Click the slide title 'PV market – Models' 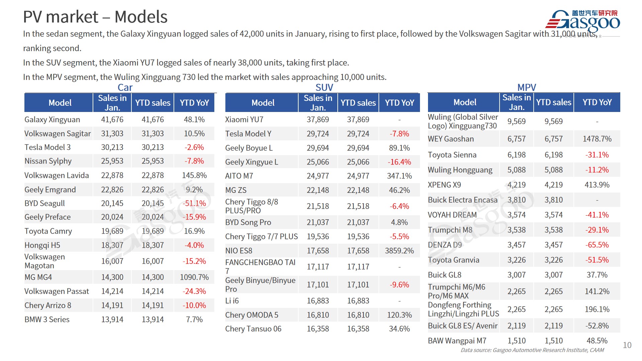(x=95, y=17)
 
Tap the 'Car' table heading (x=125, y=88)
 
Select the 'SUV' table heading (x=324, y=88)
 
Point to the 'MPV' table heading (x=526, y=88)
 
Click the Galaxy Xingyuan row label (x=52, y=120)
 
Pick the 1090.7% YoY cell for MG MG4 (x=194, y=277)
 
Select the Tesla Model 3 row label (x=47, y=147)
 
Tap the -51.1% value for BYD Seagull (x=194, y=203)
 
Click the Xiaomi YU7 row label (x=244, y=120)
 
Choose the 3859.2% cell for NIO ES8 (x=399, y=251)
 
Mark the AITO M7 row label (x=239, y=176)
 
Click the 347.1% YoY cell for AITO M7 (x=399, y=176)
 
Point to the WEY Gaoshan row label (x=451, y=139)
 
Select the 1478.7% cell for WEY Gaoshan (x=597, y=139)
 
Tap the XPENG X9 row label (x=444, y=185)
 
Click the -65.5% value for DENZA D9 (x=597, y=245)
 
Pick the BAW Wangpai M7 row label (x=457, y=341)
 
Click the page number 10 (x=627, y=345)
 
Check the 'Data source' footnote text (x=532, y=350)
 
